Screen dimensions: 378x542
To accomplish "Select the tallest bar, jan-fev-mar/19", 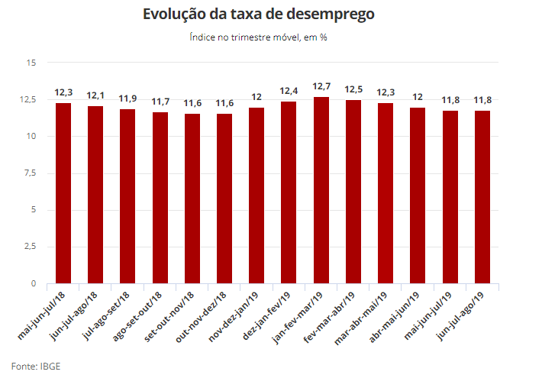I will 321,190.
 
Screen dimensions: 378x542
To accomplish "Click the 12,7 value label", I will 321,86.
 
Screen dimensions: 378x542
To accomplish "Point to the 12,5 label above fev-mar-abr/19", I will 353,89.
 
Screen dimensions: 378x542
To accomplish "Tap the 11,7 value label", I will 160,102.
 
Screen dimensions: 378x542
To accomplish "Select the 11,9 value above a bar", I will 127,99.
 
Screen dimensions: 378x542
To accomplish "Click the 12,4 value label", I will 289,92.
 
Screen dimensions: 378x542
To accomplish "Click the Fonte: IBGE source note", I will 35,366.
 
